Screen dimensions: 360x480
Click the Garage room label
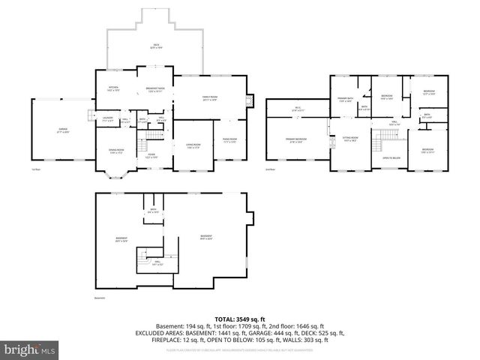pos(64,131)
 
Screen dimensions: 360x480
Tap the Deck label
pos(156,46)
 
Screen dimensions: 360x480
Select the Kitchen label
pos(113,89)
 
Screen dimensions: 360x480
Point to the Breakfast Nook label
pos(156,89)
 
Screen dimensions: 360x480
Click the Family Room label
pos(210,97)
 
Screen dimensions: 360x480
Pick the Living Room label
pos(193,145)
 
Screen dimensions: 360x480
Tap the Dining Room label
pos(116,151)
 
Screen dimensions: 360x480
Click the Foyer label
pos(151,156)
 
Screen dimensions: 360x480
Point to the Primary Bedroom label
pos(295,140)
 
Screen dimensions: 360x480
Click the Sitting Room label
pos(350,139)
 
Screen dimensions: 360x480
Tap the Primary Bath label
pos(345,100)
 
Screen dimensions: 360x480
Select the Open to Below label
pos(391,158)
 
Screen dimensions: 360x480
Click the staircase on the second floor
pos(385,136)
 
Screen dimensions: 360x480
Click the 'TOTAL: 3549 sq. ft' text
pos(239,319)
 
